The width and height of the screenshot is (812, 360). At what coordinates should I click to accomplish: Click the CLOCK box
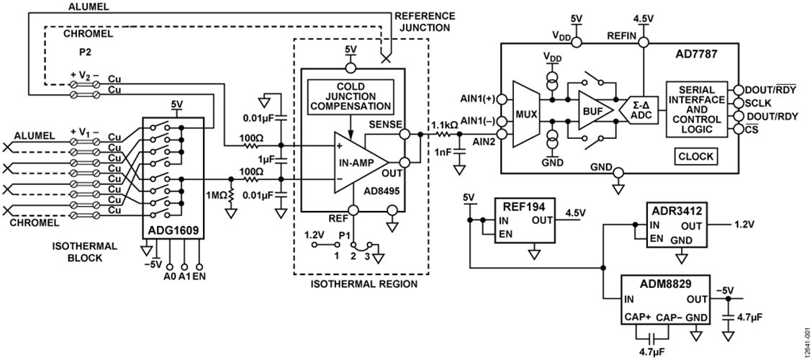[696, 156]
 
